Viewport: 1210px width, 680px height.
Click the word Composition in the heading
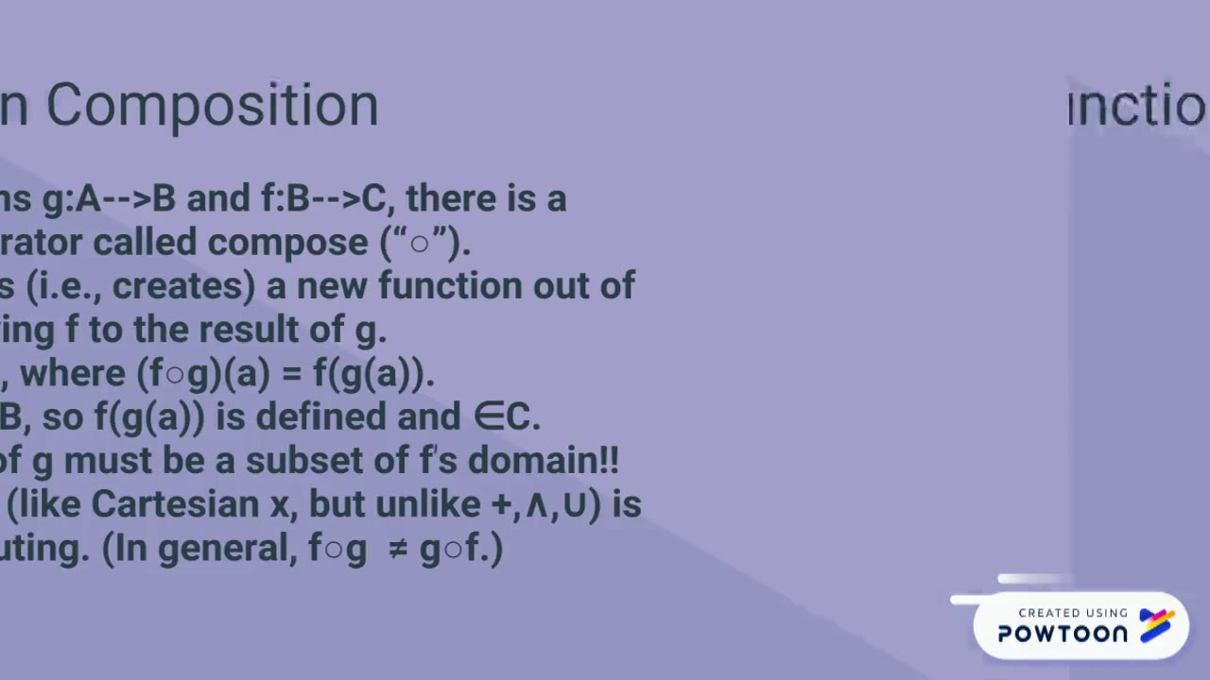point(212,106)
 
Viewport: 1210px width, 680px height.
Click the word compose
point(288,243)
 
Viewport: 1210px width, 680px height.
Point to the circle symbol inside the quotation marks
point(420,244)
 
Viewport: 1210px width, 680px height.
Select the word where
point(73,373)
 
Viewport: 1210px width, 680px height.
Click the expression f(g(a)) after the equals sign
point(372,374)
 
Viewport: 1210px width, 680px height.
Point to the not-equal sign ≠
point(398,549)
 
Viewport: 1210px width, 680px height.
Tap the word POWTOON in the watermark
point(1063,634)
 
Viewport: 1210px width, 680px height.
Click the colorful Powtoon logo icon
point(1157,624)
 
